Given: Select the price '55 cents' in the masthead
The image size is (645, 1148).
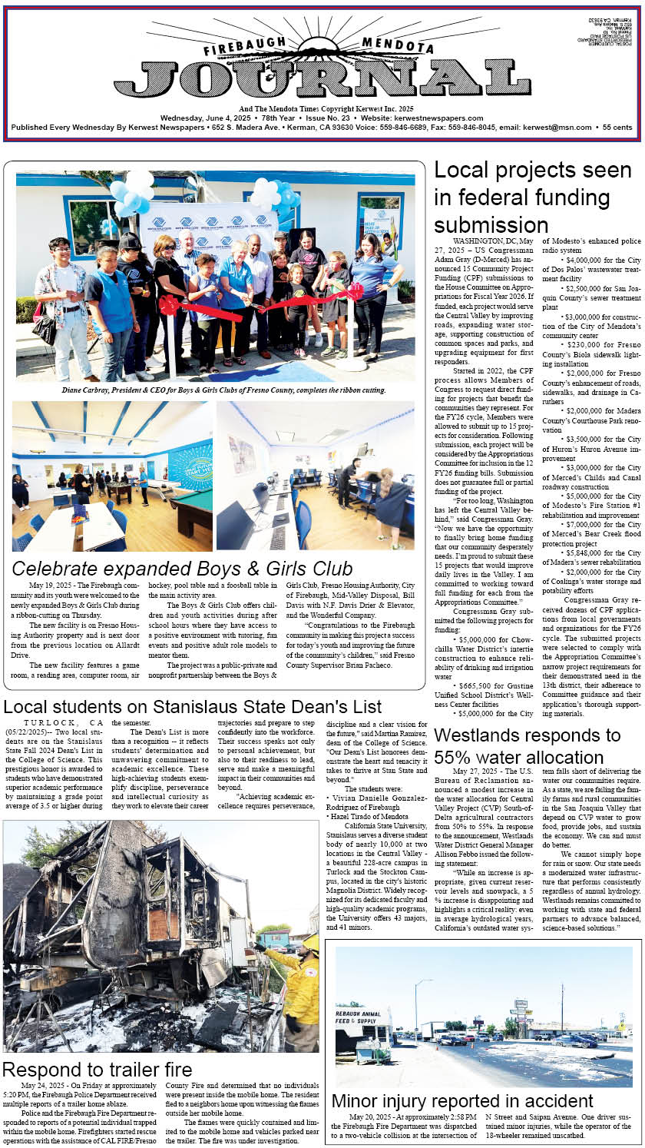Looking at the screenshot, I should pyautogui.click(x=617, y=128).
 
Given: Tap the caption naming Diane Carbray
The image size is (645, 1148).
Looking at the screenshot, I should pyautogui.click(x=214, y=390).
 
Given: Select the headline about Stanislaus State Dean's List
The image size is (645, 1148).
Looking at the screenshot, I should pyautogui.click(x=192, y=706).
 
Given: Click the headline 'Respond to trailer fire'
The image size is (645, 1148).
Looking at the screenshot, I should pyautogui.click(x=97, y=1069).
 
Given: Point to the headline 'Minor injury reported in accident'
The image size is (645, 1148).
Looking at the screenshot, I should pyautogui.click(x=462, y=1101).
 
